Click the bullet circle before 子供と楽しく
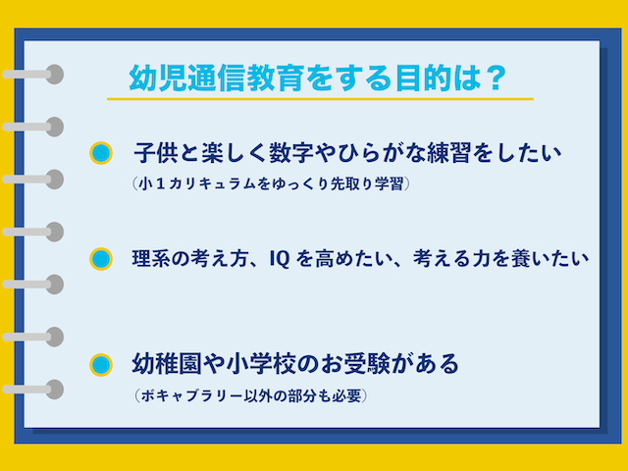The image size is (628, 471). click(100, 153)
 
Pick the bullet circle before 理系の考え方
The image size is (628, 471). click(100, 260)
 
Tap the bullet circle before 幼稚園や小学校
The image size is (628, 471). click(100, 365)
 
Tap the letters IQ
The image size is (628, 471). click(279, 260)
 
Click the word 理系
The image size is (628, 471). click(149, 260)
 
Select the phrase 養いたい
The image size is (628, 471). click(549, 260)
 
